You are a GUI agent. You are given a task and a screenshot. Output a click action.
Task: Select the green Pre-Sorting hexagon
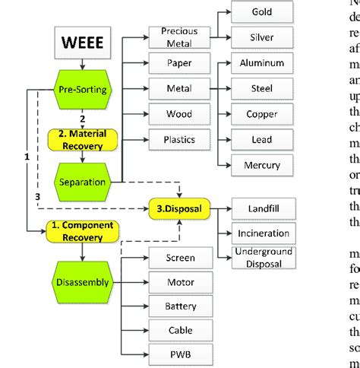[x=82, y=90]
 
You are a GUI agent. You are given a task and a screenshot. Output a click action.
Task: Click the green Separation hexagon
[x=82, y=182]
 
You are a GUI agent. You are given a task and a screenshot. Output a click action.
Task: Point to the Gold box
[x=261, y=13]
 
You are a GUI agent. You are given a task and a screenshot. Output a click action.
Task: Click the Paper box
[x=180, y=63]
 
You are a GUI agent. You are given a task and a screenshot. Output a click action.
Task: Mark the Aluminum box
[x=261, y=63]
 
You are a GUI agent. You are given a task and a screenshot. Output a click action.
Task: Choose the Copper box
[x=261, y=114]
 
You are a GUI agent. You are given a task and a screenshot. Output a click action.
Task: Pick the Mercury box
[x=261, y=165]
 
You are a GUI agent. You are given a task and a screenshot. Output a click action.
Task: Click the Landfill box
[x=261, y=208]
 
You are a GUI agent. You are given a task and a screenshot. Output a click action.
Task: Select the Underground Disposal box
[x=261, y=257]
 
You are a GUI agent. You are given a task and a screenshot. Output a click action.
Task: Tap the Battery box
[x=180, y=306]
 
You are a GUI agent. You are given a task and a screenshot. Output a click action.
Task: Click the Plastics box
[x=180, y=140]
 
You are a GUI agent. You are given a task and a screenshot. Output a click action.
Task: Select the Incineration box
[x=261, y=233]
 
